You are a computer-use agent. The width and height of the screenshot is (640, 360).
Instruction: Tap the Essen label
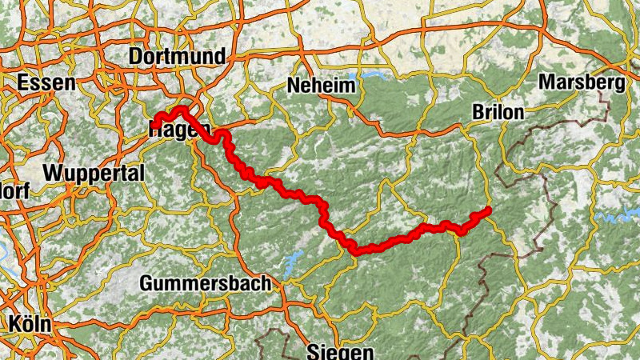[x=46, y=82]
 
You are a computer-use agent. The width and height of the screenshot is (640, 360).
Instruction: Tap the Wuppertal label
[x=94, y=173]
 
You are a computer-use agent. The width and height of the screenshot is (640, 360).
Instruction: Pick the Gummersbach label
[x=206, y=283]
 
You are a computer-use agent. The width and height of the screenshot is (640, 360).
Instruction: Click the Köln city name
[x=30, y=324]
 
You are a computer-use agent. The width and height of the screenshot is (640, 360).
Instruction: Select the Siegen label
[x=339, y=352]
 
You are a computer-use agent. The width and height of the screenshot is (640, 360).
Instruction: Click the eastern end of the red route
[x=487, y=211]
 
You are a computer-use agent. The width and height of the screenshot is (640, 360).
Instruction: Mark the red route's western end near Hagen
[x=158, y=122]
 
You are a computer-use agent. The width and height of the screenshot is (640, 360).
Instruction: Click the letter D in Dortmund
[x=134, y=57]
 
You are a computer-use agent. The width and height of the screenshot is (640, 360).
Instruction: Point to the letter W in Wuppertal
[x=53, y=173]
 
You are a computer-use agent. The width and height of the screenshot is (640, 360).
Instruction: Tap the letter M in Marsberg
[x=546, y=82]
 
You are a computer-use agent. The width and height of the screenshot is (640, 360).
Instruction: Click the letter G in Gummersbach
[x=146, y=283]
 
